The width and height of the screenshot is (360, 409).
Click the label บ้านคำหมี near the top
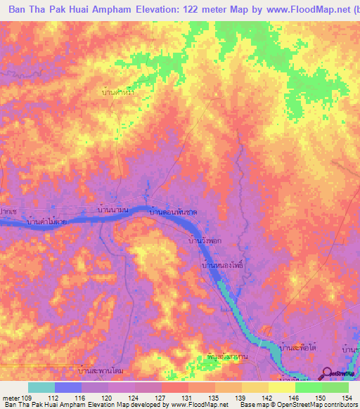(118, 91)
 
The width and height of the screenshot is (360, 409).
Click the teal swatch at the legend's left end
(41, 387)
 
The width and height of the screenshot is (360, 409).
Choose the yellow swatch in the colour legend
(281, 387)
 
